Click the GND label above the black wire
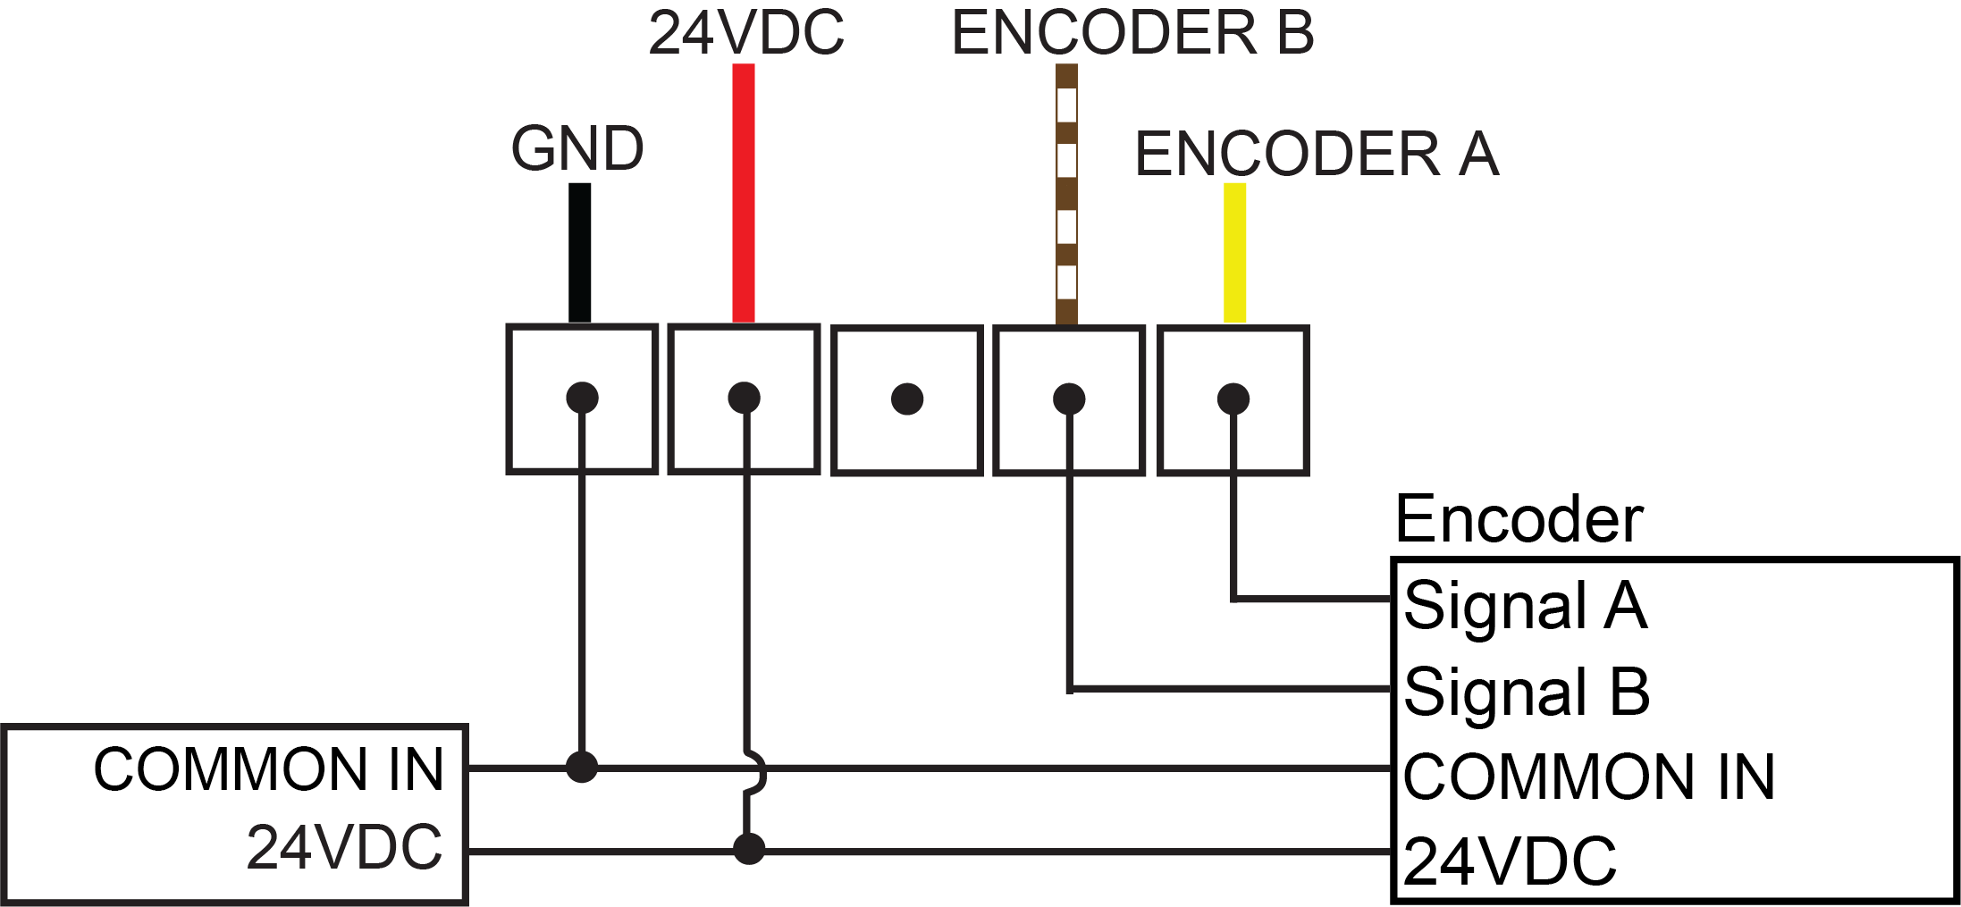[577, 148]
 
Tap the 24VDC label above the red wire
[745, 33]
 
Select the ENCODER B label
[1132, 33]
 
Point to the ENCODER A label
[1317, 154]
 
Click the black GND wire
[580, 252]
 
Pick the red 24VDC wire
[744, 192]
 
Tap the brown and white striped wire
[1066, 192]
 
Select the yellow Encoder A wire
[1234, 252]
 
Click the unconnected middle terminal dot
[907, 399]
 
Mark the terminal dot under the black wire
[582, 398]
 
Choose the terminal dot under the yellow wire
[1233, 399]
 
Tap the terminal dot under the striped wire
[1069, 399]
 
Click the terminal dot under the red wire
[745, 398]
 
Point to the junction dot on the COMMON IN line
[582, 767]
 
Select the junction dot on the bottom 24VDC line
[749, 849]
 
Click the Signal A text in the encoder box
[1525, 605]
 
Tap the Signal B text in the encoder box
[1527, 691]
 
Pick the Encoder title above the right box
[1519, 519]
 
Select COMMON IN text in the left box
[268, 769]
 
